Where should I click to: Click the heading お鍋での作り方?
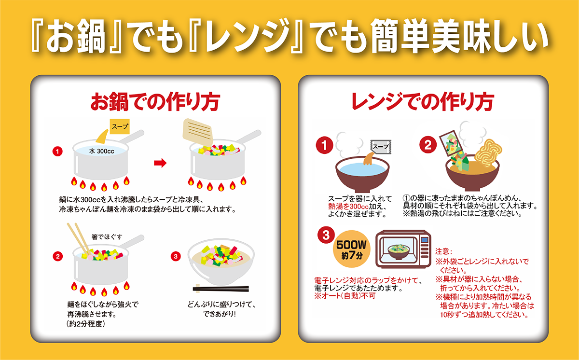[155, 102]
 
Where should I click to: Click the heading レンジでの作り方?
[423, 102]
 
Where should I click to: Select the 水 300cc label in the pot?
[101, 151]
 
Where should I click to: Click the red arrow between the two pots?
[160, 163]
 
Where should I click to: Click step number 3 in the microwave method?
[326, 235]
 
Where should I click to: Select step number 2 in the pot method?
[58, 257]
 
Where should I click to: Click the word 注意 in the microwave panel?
[443, 251]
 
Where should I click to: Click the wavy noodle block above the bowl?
[488, 151]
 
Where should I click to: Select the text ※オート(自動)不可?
[344, 296]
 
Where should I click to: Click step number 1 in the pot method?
[58, 152]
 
